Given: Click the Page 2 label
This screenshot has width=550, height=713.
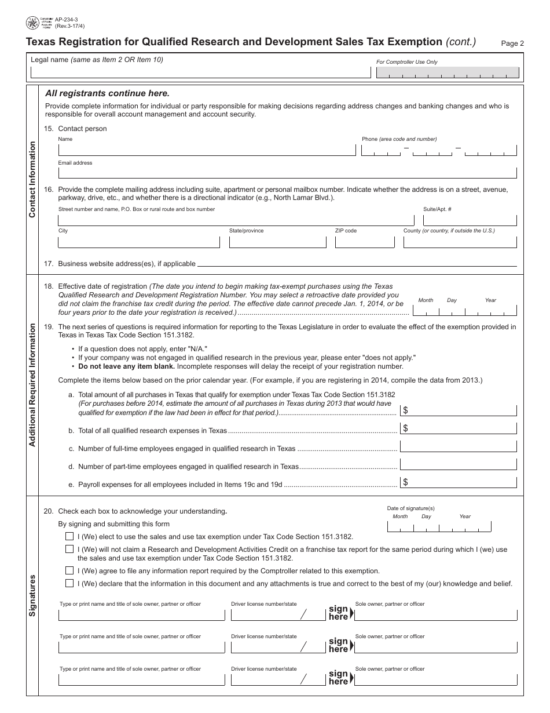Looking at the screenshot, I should point(512,43).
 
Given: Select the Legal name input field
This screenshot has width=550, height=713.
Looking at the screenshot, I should point(200,72).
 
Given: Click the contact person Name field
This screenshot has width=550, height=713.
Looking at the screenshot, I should point(207,150).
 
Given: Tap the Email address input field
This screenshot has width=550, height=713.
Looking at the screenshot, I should point(287,172).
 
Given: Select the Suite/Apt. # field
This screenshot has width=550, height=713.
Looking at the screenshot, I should point(470,220).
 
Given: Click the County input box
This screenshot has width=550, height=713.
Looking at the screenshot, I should point(460,241).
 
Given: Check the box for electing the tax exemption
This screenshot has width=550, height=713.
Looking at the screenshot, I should point(69,537).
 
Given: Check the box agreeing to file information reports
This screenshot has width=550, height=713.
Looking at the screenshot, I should point(69,570).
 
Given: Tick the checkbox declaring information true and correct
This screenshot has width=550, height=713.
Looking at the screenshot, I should point(69,583).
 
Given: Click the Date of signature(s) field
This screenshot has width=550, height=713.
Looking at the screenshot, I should point(438,526).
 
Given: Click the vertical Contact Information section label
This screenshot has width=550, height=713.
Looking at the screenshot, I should point(32,180).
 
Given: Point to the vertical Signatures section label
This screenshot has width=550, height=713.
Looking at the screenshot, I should point(32,595).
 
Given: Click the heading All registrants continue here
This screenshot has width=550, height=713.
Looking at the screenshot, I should point(108,93).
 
